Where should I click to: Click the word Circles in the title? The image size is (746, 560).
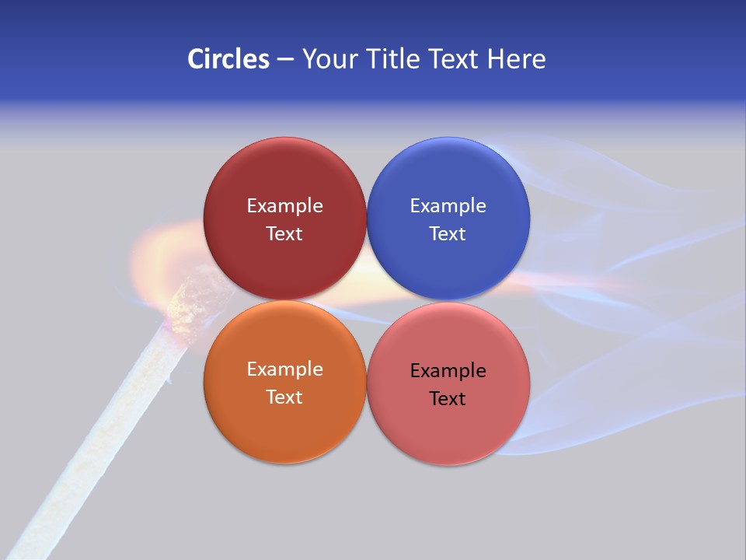click(228, 59)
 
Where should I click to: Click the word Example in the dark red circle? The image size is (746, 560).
click(284, 206)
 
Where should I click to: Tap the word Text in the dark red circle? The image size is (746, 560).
click(284, 234)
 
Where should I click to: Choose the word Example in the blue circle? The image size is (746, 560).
click(448, 206)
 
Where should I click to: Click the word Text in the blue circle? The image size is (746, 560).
click(448, 234)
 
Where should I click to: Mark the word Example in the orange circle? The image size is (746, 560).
click(284, 369)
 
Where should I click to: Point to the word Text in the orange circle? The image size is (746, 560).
click(284, 397)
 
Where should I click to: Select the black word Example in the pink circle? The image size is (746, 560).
click(448, 371)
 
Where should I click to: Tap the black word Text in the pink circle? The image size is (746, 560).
click(448, 399)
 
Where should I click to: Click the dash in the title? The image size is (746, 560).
click(285, 60)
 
